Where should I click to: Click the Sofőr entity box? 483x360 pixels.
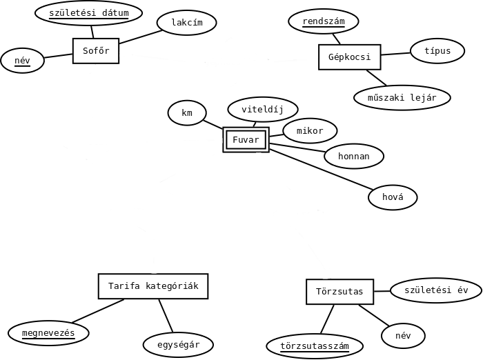[96, 51]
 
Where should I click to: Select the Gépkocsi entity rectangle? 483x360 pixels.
[350, 57]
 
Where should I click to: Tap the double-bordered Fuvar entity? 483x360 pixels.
[246, 140]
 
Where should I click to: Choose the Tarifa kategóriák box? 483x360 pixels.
[153, 286]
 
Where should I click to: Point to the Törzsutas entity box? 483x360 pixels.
[339, 292]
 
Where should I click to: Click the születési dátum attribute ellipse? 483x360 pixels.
[88, 13]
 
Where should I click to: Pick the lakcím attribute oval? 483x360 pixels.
[187, 23]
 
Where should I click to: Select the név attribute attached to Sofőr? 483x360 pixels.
[22, 61]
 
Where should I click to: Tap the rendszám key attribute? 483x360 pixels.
[324, 21]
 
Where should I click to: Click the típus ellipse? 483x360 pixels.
[437, 51]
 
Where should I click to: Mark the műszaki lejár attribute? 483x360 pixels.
[402, 98]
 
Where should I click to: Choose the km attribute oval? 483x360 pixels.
[187, 113]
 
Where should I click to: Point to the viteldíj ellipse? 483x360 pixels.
[263, 109]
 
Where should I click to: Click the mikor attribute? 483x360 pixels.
[310, 131]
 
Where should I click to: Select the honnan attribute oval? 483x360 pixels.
[354, 157]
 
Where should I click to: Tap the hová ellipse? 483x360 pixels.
[393, 198]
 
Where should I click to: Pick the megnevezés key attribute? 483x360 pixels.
[48, 334]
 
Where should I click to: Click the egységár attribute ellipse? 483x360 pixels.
[178, 345]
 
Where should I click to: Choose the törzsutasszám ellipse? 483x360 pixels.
[315, 346]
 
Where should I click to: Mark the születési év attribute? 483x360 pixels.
[436, 290]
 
